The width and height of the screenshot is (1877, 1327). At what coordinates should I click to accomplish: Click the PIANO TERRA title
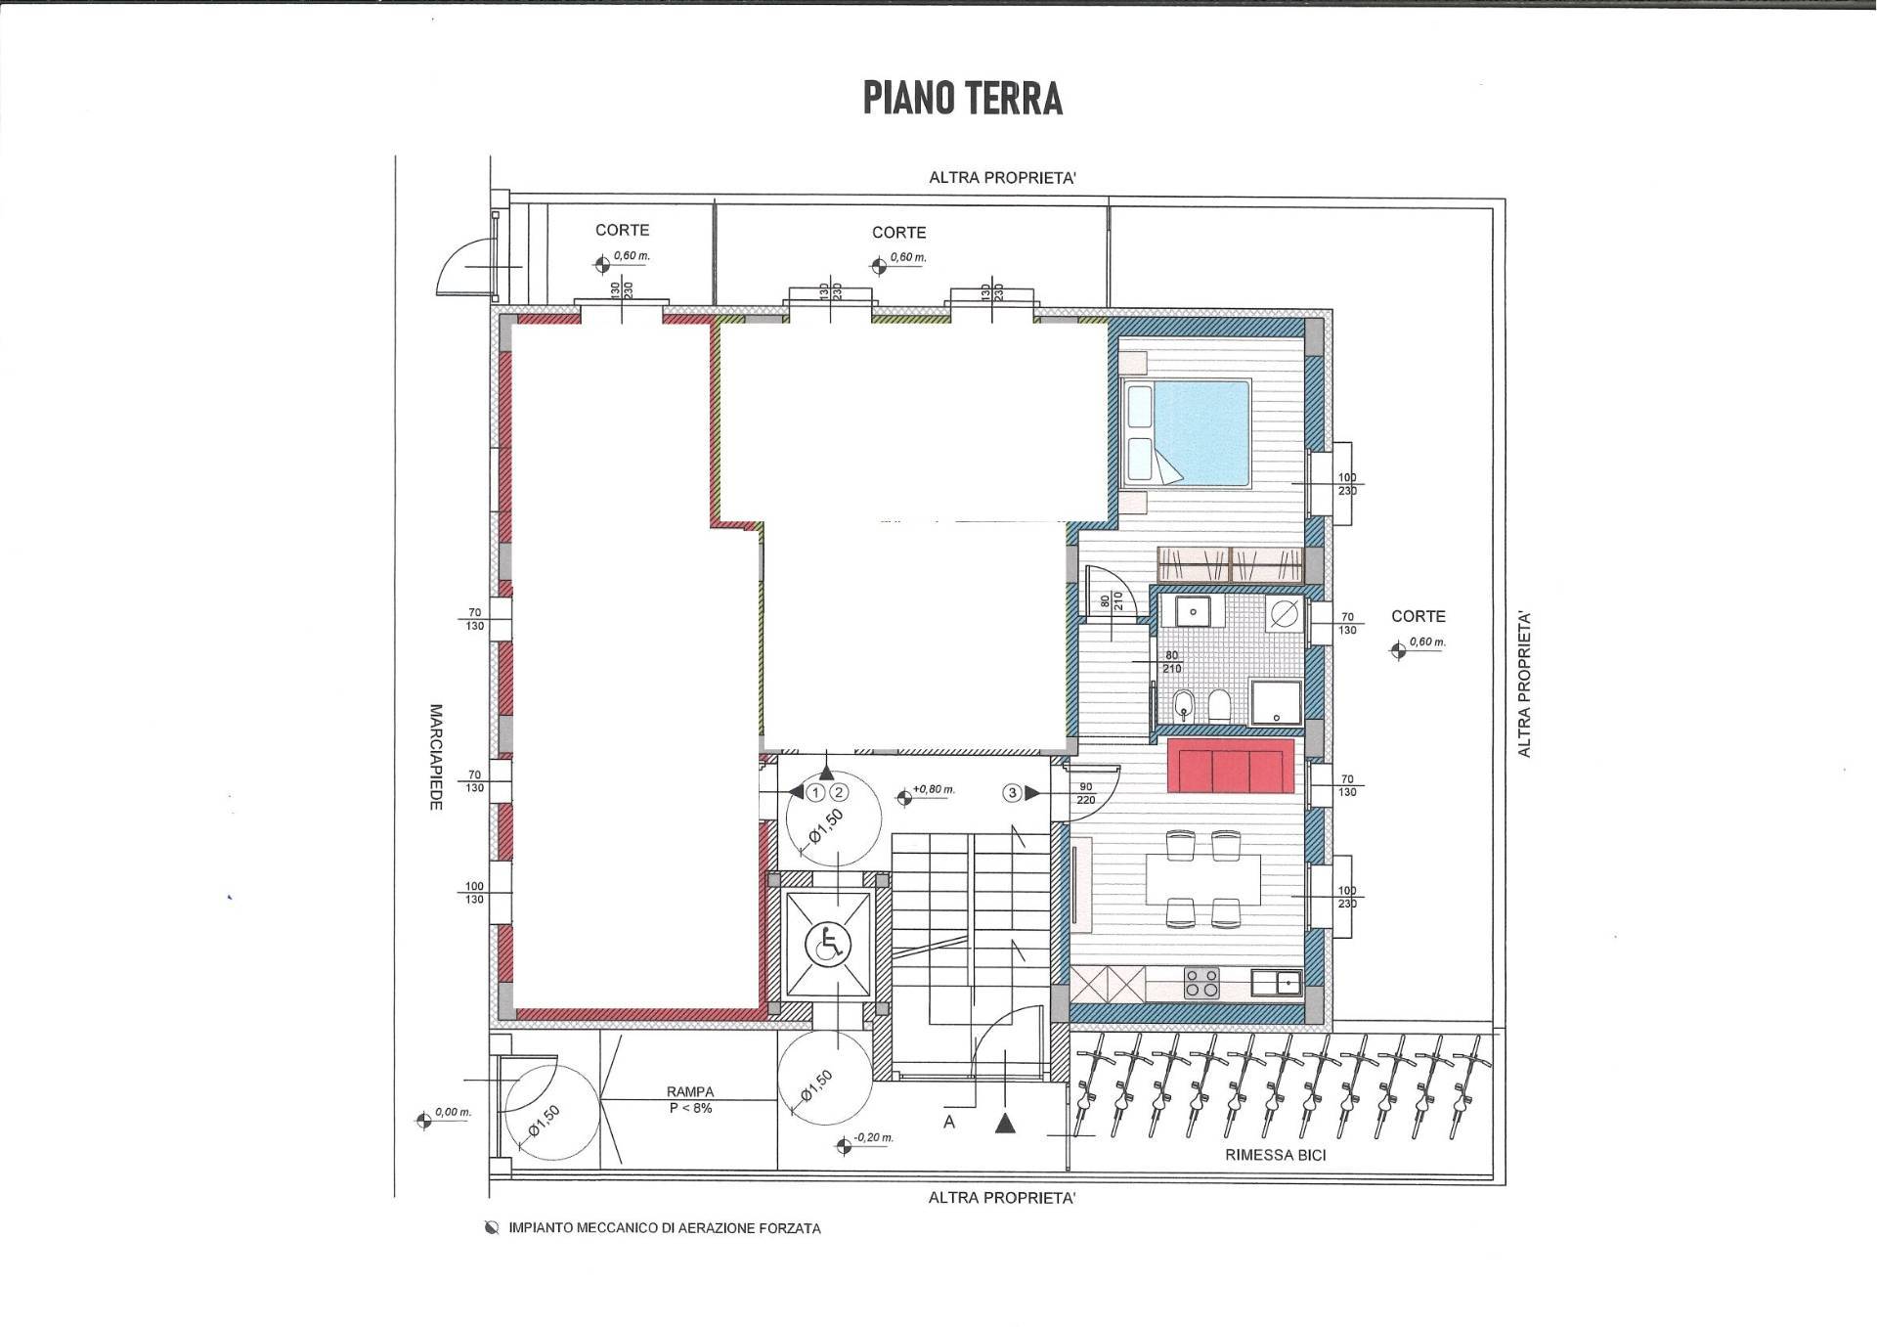click(x=962, y=99)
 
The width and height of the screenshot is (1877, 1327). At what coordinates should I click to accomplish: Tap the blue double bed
click(x=1188, y=433)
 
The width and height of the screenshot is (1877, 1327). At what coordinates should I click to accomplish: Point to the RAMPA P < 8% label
click(x=690, y=1100)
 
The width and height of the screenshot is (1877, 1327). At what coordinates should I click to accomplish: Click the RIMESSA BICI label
click(x=1275, y=1156)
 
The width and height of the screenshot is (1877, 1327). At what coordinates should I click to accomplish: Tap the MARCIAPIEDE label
click(x=436, y=756)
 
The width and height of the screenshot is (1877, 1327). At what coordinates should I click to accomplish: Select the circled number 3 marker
click(x=1013, y=793)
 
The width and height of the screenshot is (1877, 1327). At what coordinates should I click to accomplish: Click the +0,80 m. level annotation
click(x=933, y=790)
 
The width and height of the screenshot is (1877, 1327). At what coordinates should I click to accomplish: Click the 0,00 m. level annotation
click(x=452, y=1113)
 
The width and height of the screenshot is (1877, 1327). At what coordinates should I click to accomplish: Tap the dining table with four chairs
click(x=1202, y=879)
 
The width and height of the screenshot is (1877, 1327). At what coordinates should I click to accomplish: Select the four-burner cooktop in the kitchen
click(x=1200, y=982)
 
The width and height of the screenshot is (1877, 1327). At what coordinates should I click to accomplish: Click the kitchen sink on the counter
click(x=1277, y=981)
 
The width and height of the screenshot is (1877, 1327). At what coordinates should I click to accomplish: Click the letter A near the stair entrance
click(x=948, y=1123)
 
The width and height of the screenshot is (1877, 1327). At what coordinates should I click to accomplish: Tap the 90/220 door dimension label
click(x=1086, y=793)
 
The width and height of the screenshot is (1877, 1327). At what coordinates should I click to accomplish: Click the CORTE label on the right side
click(x=1418, y=617)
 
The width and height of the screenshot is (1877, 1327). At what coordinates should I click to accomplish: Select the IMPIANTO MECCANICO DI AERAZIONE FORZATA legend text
click(x=664, y=1228)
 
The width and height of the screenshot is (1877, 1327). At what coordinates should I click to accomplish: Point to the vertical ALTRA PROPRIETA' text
click(x=1523, y=685)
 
